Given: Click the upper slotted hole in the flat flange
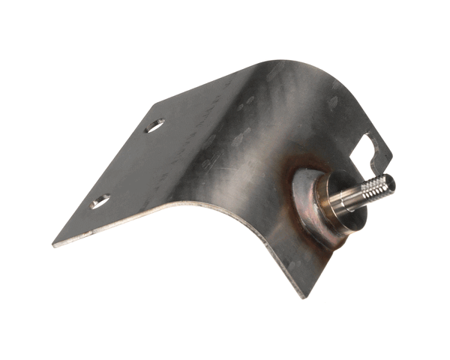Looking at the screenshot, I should click(154, 126).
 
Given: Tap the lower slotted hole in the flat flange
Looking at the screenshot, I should click(100, 201).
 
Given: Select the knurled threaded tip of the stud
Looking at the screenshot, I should click(376, 187).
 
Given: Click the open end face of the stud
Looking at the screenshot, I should click(388, 181).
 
